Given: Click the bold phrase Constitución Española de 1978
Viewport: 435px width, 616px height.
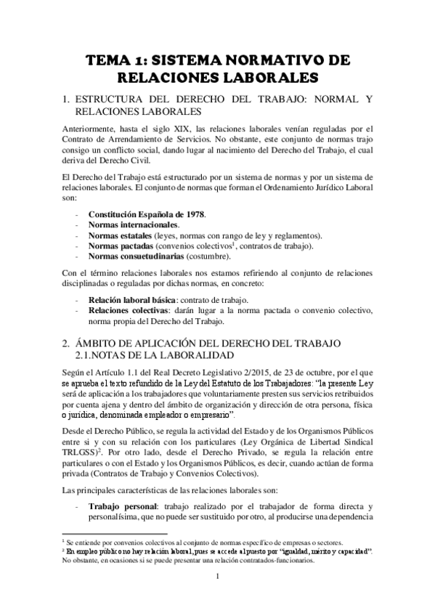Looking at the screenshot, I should click(x=147, y=215).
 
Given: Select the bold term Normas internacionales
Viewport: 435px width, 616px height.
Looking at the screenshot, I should click(x=133, y=226).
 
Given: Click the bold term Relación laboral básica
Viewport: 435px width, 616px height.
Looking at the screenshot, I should click(x=134, y=300).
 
